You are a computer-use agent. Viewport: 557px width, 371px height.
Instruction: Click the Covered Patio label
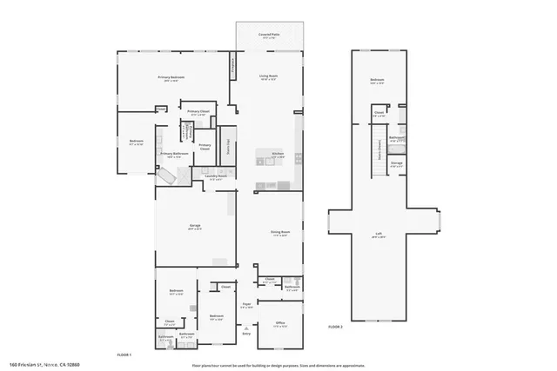tap(270, 36)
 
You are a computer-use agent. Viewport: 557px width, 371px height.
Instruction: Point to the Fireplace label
tap(232, 67)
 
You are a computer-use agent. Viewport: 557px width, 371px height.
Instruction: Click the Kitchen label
tap(278, 154)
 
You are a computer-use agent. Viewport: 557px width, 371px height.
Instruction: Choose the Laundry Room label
tap(216, 177)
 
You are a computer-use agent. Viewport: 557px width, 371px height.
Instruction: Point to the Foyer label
tap(246, 305)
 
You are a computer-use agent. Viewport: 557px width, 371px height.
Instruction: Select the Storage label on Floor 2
tap(397, 162)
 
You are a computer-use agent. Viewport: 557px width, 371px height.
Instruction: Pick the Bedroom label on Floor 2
tap(377, 81)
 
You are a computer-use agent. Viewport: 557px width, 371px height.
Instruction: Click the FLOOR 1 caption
tap(124, 354)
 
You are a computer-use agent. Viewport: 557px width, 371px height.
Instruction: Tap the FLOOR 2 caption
tap(336, 328)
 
